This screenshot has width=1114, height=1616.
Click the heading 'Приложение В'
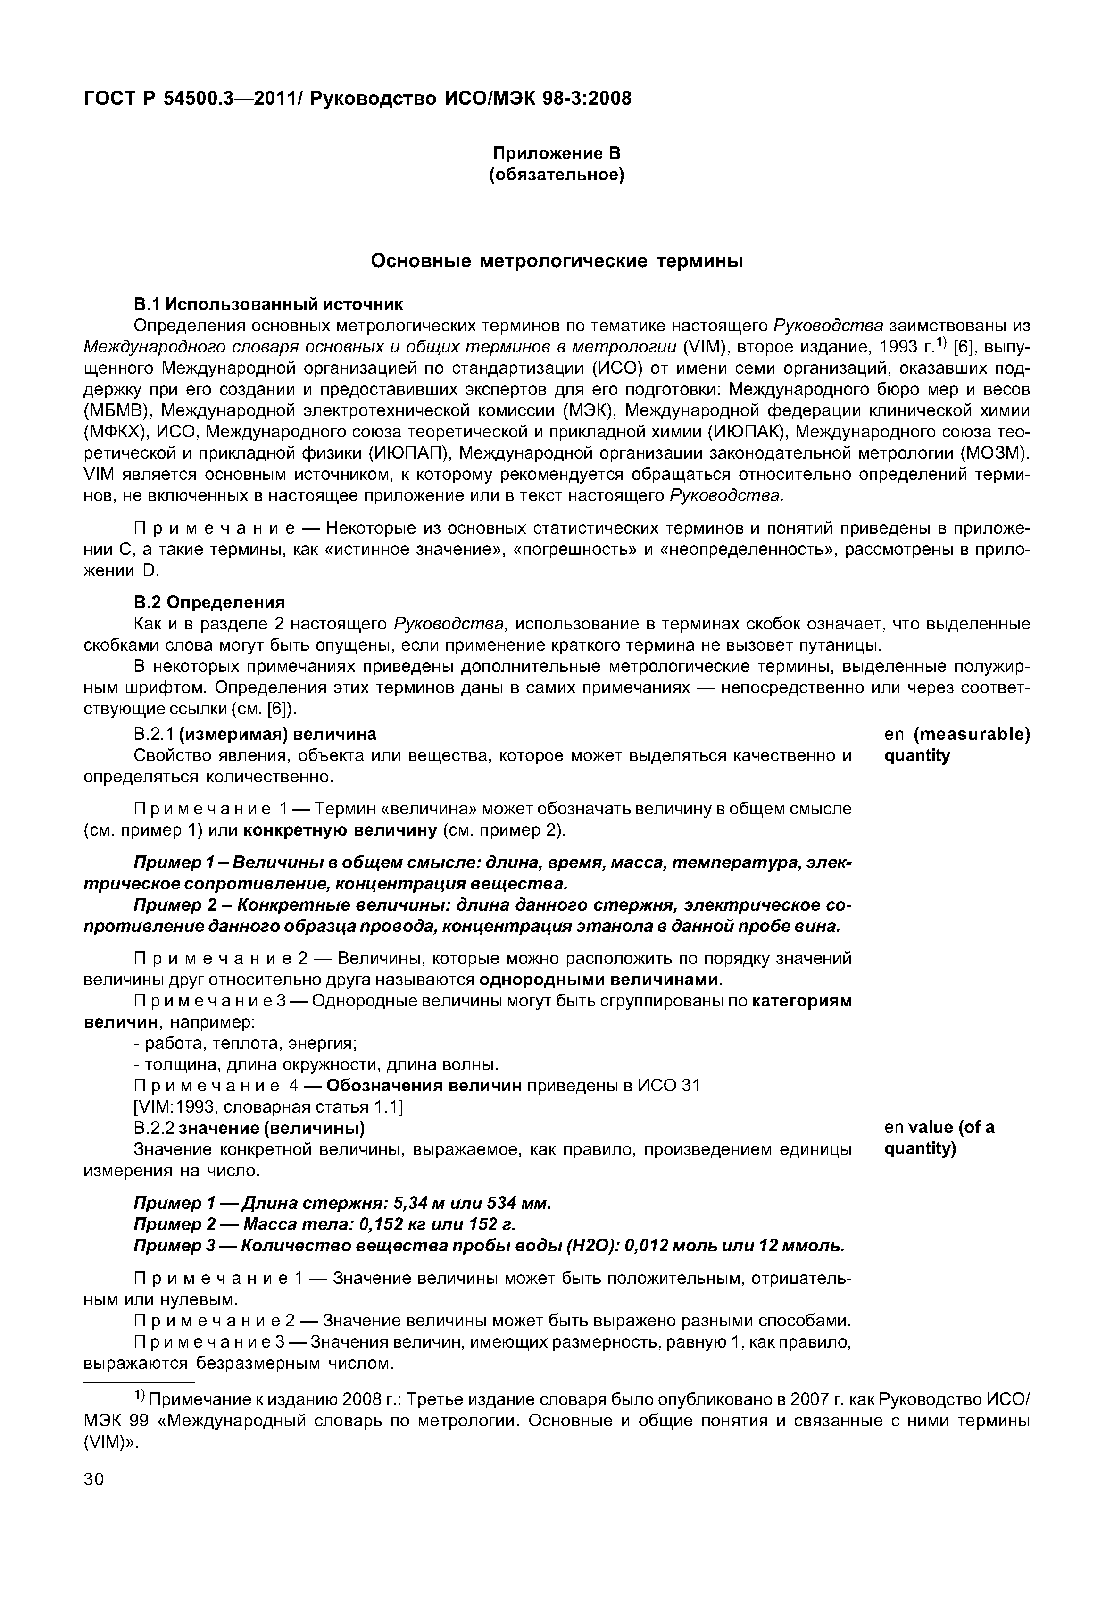557,152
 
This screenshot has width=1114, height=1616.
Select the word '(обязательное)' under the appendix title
557,174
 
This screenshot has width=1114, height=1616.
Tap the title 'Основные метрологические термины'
557,261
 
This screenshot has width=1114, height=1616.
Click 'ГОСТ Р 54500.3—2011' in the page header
190,99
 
